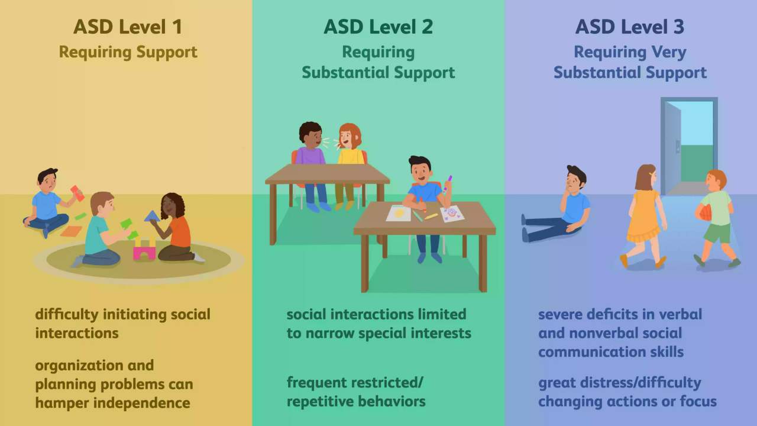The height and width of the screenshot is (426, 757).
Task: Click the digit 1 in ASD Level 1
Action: pos(177,27)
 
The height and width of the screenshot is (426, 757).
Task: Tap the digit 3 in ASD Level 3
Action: pos(678,27)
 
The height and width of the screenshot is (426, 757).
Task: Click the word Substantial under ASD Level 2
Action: pos(345,72)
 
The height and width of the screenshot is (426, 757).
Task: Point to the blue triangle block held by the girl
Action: pos(152,217)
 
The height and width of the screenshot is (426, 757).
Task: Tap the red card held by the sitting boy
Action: pos(77,193)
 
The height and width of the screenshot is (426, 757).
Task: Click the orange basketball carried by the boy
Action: pos(704,213)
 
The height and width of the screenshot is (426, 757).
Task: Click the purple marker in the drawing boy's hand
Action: pos(448,185)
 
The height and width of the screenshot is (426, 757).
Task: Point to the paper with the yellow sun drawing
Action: pos(399,213)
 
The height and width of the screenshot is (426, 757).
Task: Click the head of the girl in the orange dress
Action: pos(646,177)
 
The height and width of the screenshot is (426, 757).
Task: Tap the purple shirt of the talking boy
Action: pos(310,156)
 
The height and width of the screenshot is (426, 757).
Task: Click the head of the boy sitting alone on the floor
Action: pos(575,179)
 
